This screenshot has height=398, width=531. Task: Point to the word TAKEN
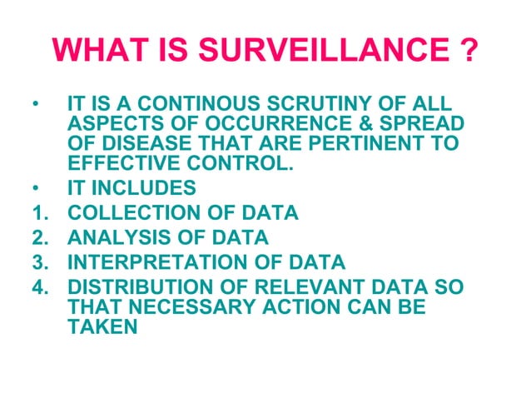99,327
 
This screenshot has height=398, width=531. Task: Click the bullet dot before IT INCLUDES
34,187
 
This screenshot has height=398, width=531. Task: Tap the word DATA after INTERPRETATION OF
315,264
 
